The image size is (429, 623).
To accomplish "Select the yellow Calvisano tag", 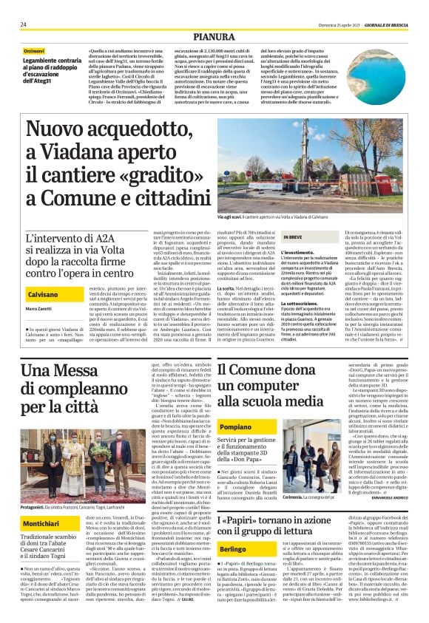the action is [44, 294].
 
